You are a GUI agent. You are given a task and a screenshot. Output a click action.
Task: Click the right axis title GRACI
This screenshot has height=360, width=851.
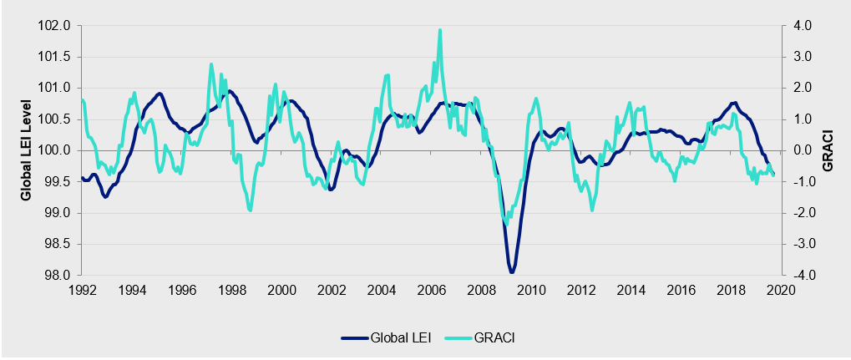pos(829,150)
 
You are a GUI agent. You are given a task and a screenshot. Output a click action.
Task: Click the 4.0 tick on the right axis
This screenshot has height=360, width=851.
pos(801,26)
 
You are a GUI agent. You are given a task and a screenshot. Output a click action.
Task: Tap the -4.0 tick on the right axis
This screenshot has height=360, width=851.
pos(800,276)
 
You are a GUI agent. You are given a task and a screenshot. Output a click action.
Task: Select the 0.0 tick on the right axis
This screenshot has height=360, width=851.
pos(801,150)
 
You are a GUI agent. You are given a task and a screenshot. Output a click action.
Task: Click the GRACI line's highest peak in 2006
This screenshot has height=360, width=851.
pos(439,30)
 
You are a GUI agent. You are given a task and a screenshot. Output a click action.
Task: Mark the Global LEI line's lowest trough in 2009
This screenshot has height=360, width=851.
pos(511,272)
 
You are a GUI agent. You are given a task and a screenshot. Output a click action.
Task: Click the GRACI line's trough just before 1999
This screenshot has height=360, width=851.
pos(251,210)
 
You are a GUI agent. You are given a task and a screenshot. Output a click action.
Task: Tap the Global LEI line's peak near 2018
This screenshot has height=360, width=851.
pos(733,103)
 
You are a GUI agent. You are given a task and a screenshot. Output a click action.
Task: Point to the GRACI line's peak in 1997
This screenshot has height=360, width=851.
pos(210,64)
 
